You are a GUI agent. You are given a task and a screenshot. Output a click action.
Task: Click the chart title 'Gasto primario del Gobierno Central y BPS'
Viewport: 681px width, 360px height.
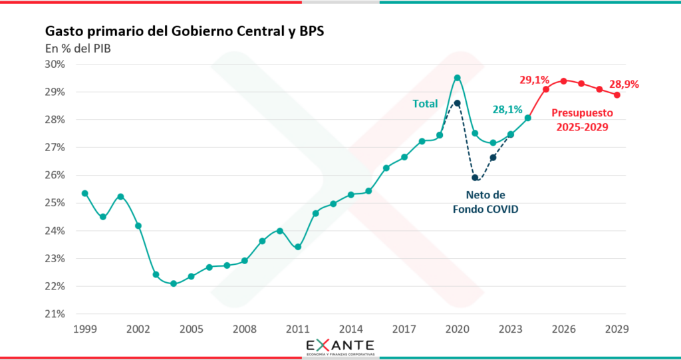point(184,31)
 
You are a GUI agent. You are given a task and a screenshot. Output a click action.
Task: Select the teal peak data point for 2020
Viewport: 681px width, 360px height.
point(458,78)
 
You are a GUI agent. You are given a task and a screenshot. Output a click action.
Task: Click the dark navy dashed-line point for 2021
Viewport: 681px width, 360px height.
point(475,178)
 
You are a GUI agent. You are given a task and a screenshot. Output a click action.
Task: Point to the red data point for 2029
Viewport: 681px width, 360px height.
point(617,94)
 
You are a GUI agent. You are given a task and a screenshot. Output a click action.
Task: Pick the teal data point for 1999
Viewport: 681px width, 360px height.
point(85,193)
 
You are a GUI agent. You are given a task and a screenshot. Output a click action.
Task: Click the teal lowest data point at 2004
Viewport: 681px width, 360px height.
point(174,283)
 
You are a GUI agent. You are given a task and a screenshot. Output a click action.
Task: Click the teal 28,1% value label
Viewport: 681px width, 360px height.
point(507,110)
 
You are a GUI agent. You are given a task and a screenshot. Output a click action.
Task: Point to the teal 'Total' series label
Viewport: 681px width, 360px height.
point(425,104)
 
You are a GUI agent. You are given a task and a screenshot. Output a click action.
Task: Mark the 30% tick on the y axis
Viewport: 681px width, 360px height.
point(55,65)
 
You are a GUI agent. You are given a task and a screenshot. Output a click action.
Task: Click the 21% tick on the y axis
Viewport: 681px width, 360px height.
point(55,314)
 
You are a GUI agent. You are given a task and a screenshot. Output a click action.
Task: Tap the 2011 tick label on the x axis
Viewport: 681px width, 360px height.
point(298,329)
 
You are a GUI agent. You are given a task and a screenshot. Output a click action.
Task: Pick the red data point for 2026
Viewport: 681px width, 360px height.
point(564,81)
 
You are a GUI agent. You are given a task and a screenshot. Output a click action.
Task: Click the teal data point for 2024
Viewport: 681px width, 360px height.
point(528,118)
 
